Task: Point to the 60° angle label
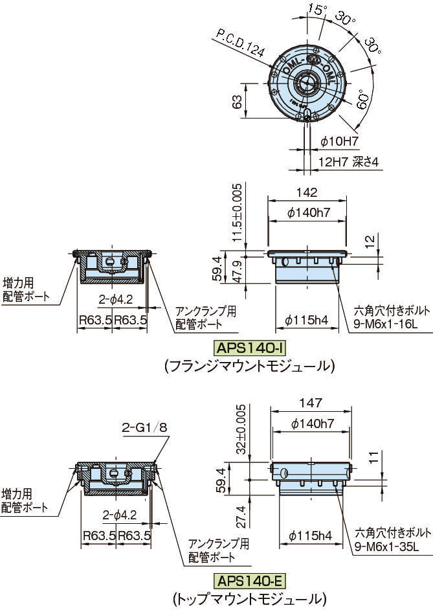(x=362, y=101)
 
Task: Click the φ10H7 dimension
(x=339, y=141)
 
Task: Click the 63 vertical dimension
(x=237, y=102)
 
